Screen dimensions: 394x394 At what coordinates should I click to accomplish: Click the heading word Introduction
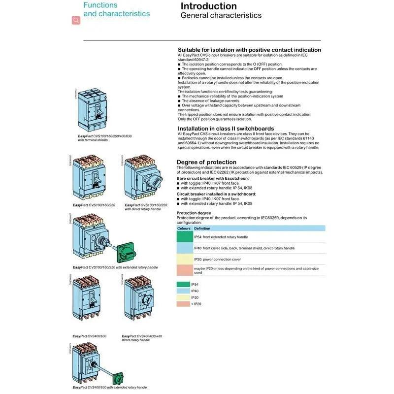point(209,6)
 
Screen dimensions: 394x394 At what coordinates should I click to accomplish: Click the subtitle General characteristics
point(221,16)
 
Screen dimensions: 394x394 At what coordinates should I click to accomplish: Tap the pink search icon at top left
point(76,20)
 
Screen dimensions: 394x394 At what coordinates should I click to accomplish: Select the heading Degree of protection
point(206,162)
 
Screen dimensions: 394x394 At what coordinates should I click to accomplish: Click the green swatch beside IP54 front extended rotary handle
point(185,236)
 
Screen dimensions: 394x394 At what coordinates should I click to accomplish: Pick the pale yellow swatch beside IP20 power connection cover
point(185,259)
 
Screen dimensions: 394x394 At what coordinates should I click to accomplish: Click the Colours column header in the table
point(184,229)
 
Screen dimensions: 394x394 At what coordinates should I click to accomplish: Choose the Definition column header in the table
point(202,229)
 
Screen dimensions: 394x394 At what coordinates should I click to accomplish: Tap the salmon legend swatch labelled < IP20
point(183,304)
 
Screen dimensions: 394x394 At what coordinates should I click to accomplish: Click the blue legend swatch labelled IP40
point(183,291)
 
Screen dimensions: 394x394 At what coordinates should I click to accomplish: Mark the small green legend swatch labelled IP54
point(183,285)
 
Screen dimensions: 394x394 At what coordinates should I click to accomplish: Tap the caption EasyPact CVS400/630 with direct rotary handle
point(142,338)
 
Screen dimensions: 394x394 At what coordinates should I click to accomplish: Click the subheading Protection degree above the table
point(194,213)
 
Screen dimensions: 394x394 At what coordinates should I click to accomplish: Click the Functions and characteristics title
point(116,9)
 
